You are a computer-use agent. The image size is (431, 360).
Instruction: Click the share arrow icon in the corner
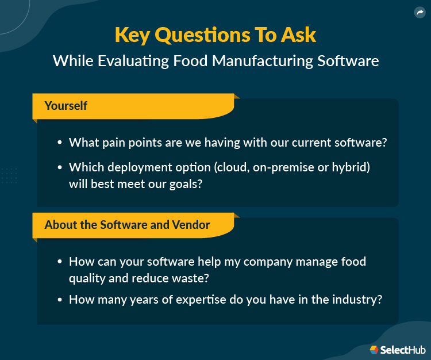click(x=419, y=12)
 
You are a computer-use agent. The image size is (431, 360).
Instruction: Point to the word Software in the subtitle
click(x=348, y=61)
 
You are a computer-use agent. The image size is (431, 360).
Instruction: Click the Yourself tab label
click(x=66, y=106)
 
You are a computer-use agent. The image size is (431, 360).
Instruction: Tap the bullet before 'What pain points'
click(x=60, y=143)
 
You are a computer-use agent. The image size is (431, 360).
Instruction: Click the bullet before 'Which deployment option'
click(x=60, y=167)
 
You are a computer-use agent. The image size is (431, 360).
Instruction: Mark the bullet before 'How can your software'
click(x=60, y=262)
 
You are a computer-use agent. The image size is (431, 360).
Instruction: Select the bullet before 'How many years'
click(x=60, y=300)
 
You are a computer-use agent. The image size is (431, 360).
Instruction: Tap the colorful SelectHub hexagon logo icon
click(x=374, y=349)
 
